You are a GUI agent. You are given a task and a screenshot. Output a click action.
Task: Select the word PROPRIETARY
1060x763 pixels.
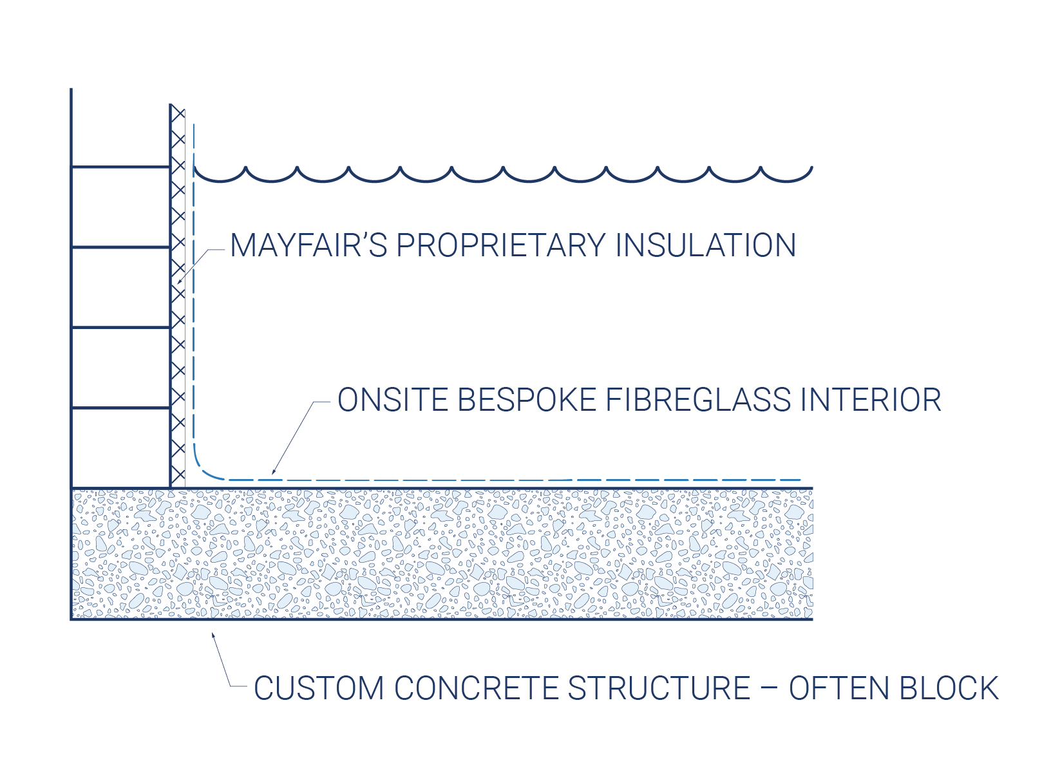(x=500, y=245)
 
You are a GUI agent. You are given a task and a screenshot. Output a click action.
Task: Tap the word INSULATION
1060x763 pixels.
(x=705, y=245)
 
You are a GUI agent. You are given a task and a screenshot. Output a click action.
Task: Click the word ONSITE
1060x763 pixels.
(x=393, y=400)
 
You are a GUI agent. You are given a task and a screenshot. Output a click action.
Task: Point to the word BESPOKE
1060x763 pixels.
(x=527, y=400)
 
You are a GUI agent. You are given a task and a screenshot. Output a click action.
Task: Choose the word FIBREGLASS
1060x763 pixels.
(x=698, y=400)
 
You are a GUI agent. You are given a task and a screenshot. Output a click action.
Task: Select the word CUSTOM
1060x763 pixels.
(x=319, y=687)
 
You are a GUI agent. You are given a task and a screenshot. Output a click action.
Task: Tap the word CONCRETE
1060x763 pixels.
(x=476, y=687)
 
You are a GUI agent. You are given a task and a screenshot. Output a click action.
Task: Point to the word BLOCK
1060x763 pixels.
(x=949, y=687)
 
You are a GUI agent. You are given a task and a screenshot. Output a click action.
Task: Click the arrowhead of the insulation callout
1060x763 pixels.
(x=179, y=282)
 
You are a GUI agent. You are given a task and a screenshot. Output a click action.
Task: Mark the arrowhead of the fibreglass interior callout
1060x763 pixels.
(x=273, y=471)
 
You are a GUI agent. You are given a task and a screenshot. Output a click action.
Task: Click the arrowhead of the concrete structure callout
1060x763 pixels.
(x=213, y=636)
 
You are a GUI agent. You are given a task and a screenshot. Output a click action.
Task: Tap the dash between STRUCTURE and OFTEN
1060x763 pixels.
(x=770, y=688)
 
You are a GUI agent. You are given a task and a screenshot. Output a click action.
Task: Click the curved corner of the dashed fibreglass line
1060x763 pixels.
(x=203, y=470)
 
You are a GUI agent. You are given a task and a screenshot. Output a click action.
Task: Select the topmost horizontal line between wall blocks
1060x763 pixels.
(x=120, y=167)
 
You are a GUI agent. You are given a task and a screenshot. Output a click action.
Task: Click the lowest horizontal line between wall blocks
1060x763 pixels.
(x=120, y=408)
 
